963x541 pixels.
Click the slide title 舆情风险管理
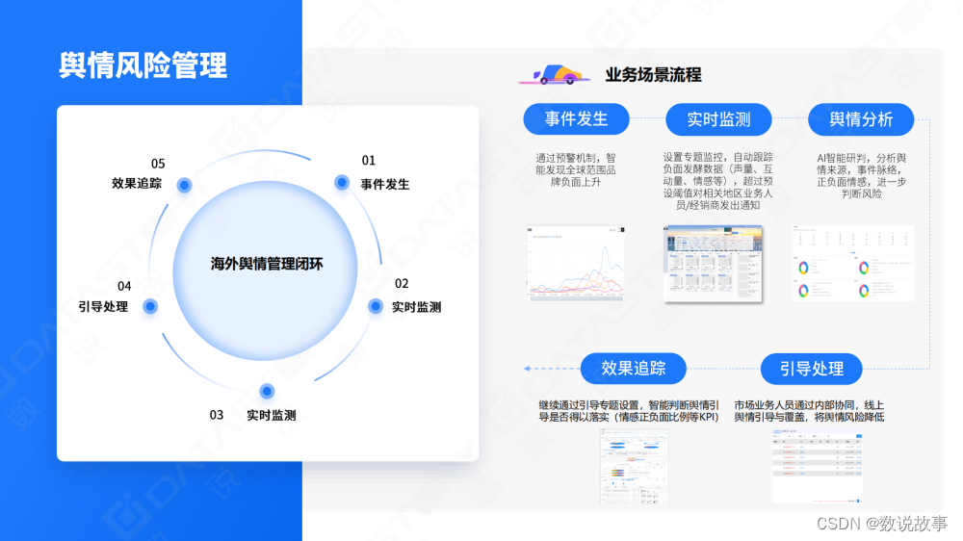(x=143, y=66)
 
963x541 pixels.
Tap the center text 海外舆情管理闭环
(x=267, y=263)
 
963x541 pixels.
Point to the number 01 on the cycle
(x=369, y=161)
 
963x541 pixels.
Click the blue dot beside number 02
(x=376, y=306)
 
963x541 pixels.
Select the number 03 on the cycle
(x=217, y=415)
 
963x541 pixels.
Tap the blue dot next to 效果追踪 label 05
(x=184, y=185)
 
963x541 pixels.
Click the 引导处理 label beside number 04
(x=103, y=307)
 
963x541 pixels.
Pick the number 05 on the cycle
(x=158, y=164)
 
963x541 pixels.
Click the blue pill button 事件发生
(x=576, y=119)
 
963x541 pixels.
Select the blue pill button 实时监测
(x=718, y=119)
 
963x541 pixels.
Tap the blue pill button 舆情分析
(x=861, y=119)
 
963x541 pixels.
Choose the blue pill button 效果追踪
(x=634, y=369)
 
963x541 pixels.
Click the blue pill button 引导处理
(x=811, y=369)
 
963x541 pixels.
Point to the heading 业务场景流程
(x=653, y=75)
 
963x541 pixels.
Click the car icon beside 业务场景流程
(x=554, y=75)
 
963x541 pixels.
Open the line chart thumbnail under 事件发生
(x=576, y=262)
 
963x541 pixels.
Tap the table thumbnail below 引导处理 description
(x=817, y=466)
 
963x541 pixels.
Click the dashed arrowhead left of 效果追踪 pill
(x=528, y=369)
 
